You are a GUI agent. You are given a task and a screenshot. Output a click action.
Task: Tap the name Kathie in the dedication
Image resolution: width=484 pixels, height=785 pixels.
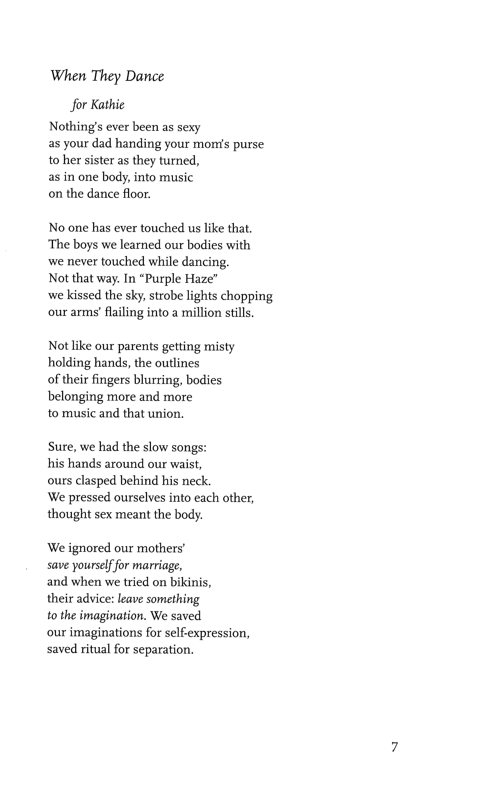(x=108, y=105)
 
